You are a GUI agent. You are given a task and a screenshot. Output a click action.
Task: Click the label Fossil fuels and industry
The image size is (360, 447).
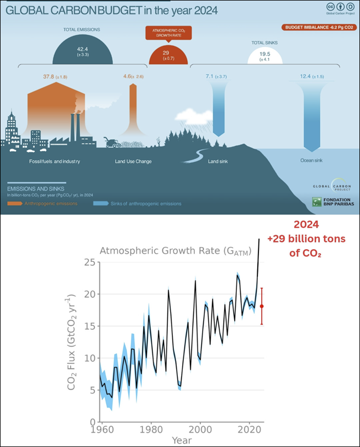click(x=55, y=161)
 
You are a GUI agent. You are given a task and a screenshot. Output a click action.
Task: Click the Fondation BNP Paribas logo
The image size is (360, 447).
click(x=331, y=203)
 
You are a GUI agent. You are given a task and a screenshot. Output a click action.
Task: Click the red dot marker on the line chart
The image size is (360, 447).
click(x=262, y=306)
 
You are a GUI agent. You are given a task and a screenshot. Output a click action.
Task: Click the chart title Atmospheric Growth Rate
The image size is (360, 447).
click(x=175, y=251)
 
